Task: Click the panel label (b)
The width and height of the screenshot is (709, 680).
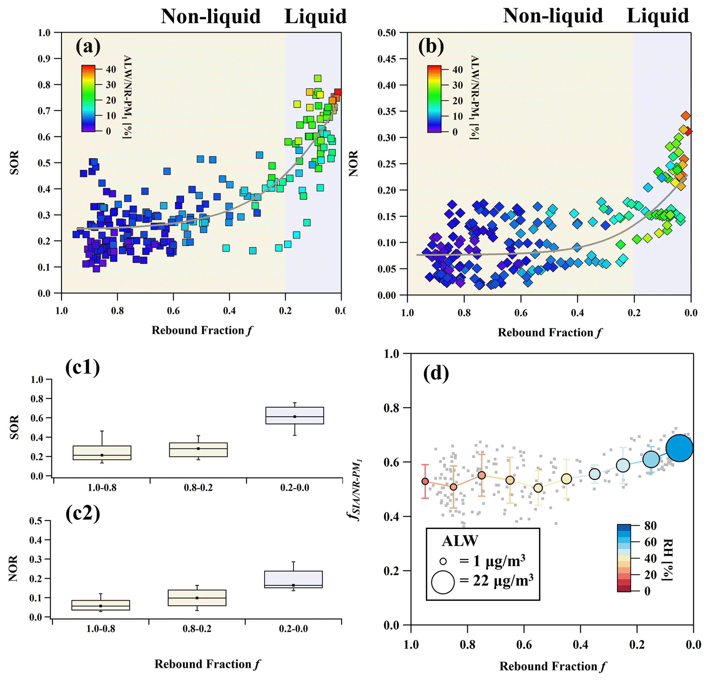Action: (x=431, y=47)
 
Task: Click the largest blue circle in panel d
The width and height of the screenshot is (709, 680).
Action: (x=680, y=448)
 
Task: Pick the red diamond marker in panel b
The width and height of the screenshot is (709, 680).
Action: (x=688, y=132)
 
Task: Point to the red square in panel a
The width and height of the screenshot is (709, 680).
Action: (x=338, y=92)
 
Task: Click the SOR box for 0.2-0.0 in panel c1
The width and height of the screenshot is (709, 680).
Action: (x=294, y=415)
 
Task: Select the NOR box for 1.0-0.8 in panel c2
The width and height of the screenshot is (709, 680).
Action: (x=101, y=605)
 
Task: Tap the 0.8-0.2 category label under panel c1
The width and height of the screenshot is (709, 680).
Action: (x=198, y=488)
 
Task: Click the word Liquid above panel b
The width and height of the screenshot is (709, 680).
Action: (x=658, y=16)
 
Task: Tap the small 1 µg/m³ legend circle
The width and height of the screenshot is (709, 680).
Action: (x=443, y=561)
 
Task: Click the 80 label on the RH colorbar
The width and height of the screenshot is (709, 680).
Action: (x=650, y=526)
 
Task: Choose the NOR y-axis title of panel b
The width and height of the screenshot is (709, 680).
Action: (x=353, y=163)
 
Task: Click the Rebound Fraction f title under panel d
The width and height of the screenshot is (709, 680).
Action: (x=553, y=666)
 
